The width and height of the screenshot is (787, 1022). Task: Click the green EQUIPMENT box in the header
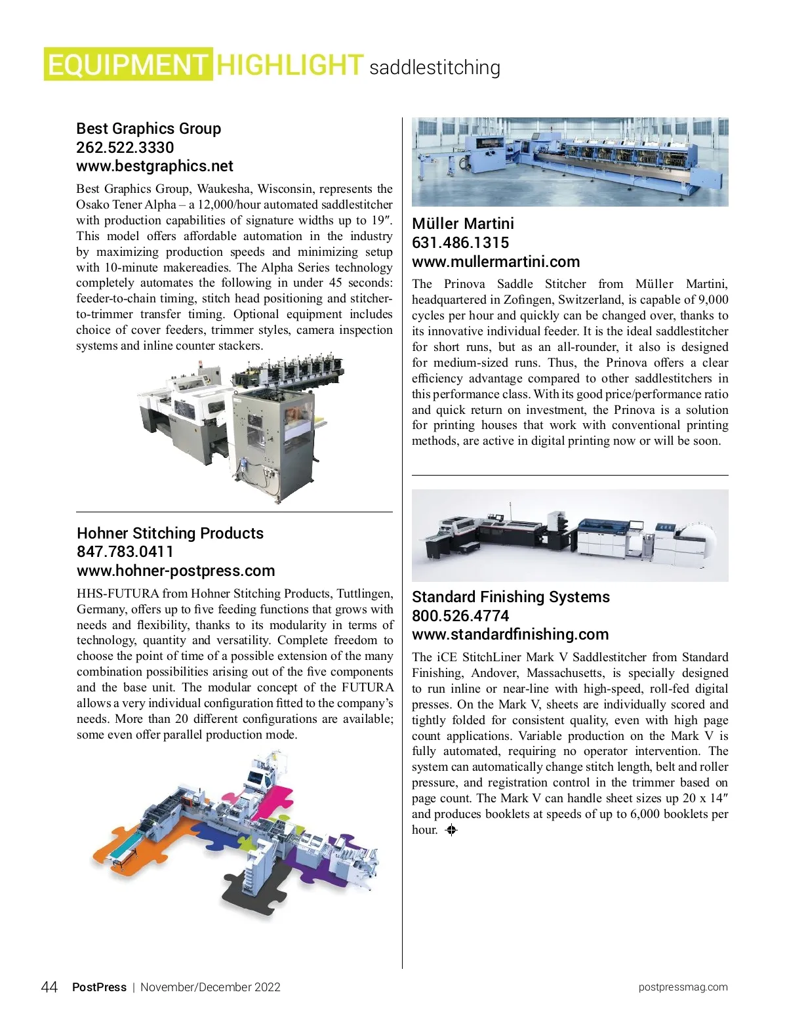[x=129, y=64]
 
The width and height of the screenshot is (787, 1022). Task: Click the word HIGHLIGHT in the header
[x=289, y=64]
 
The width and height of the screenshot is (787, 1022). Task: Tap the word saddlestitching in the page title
[x=435, y=68]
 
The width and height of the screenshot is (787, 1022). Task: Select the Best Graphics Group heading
[x=148, y=129]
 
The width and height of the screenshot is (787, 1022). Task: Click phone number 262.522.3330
[x=125, y=148]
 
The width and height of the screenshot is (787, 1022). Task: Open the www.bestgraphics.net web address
[x=155, y=166]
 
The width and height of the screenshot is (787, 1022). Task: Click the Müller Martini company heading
[x=462, y=224]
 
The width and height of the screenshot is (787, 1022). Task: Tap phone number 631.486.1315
[x=460, y=243]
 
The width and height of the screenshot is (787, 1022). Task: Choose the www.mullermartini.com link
[x=496, y=262]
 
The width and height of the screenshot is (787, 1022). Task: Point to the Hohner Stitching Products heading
[x=170, y=533]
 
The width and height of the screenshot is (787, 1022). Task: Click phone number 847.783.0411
[x=125, y=552]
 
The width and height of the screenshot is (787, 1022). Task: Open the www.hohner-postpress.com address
[x=176, y=571]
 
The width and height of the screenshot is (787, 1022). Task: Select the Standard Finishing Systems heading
[x=510, y=597]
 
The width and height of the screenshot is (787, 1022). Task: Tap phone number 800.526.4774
[x=460, y=616]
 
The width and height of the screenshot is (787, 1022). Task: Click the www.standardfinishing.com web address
[x=510, y=634]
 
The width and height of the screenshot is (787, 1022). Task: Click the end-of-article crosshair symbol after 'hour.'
[x=451, y=830]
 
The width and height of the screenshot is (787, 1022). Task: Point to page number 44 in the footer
[x=49, y=987]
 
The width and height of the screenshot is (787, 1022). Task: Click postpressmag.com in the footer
[x=683, y=987]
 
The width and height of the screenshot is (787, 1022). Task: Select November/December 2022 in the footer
[x=210, y=987]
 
